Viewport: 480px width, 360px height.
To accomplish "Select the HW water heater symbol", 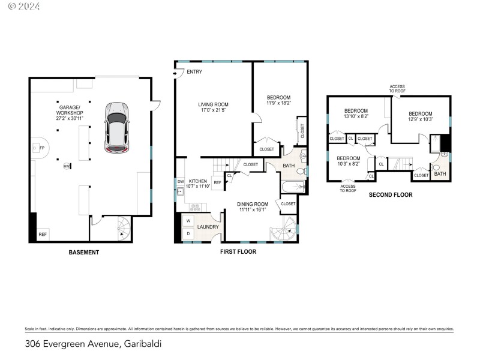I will pyautogui.click(x=67, y=166).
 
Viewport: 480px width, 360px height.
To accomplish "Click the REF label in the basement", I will pyautogui.click(x=43, y=235).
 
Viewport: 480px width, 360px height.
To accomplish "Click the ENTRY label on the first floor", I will pyautogui.click(x=194, y=72).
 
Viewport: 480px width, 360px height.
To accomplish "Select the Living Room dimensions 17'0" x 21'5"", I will pyautogui.click(x=214, y=111).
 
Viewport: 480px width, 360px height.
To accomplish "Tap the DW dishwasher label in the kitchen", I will pyautogui.click(x=180, y=181).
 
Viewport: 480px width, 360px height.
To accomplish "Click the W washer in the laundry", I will pyautogui.click(x=187, y=221).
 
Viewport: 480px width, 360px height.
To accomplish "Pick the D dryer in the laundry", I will pyautogui.click(x=187, y=233).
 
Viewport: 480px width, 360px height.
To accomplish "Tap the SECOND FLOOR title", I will pyautogui.click(x=390, y=195).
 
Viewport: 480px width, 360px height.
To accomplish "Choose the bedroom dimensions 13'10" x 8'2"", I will pyautogui.click(x=356, y=117).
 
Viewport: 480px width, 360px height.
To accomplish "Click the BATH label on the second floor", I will pyautogui.click(x=440, y=175).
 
